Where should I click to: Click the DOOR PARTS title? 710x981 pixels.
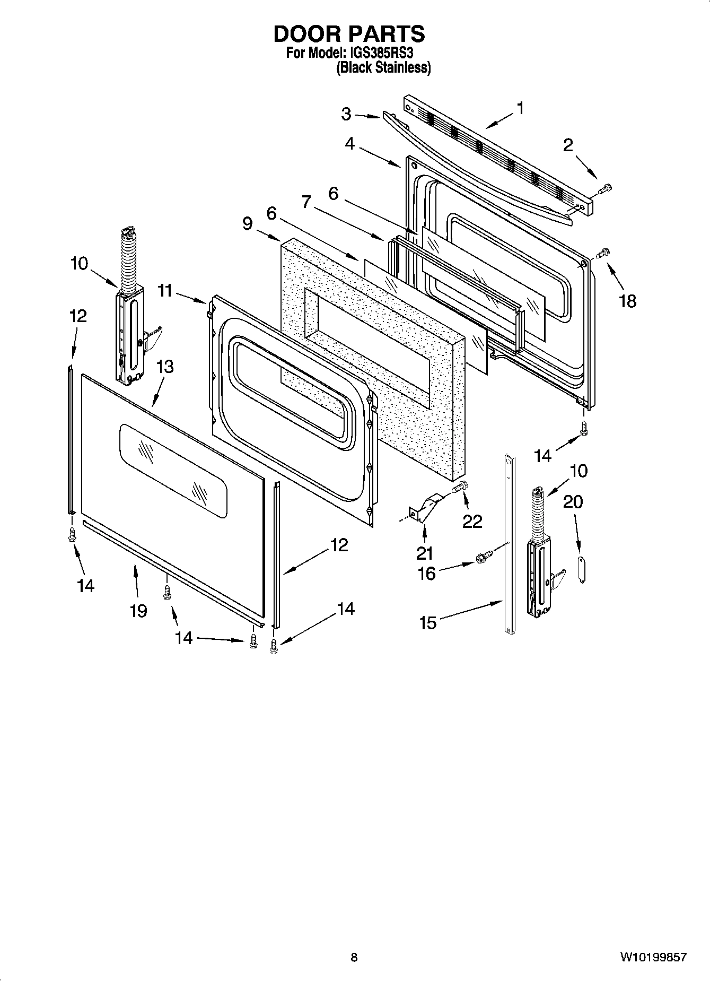point(349,33)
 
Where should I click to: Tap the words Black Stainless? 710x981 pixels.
point(383,68)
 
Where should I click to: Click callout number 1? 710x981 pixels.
point(520,108)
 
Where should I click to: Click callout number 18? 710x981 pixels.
point(627,301)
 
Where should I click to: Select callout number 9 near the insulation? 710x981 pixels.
point(247,223)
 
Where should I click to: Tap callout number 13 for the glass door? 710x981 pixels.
point(165,367)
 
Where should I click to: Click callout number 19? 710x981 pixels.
point(138,611)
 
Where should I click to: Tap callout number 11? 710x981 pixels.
point(165,291)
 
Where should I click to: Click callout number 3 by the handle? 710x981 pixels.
point(346,114)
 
